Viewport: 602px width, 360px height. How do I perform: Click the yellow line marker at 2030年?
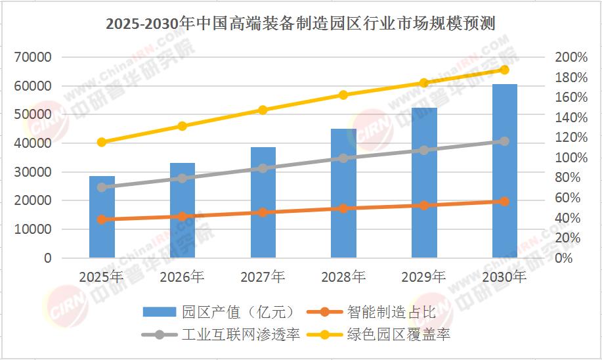[x=504, y=70]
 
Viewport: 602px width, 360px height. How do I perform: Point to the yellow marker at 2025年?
[x=102, y=142]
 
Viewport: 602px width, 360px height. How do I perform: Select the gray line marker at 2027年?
[x=263, y=168]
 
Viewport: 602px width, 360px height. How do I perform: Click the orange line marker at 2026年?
[x=183, y=216]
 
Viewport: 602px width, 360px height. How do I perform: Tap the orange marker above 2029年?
[x=424, y=206]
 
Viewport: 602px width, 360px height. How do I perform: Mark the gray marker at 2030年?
[x=504, y=141]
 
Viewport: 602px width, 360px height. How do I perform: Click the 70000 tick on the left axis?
[x=32, y=57]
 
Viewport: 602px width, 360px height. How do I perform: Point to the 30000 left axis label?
[x=32, y=172]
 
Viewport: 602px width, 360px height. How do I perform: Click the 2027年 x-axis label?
[x=263, y=277]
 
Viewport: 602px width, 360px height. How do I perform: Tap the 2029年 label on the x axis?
[x=424, y=277]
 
